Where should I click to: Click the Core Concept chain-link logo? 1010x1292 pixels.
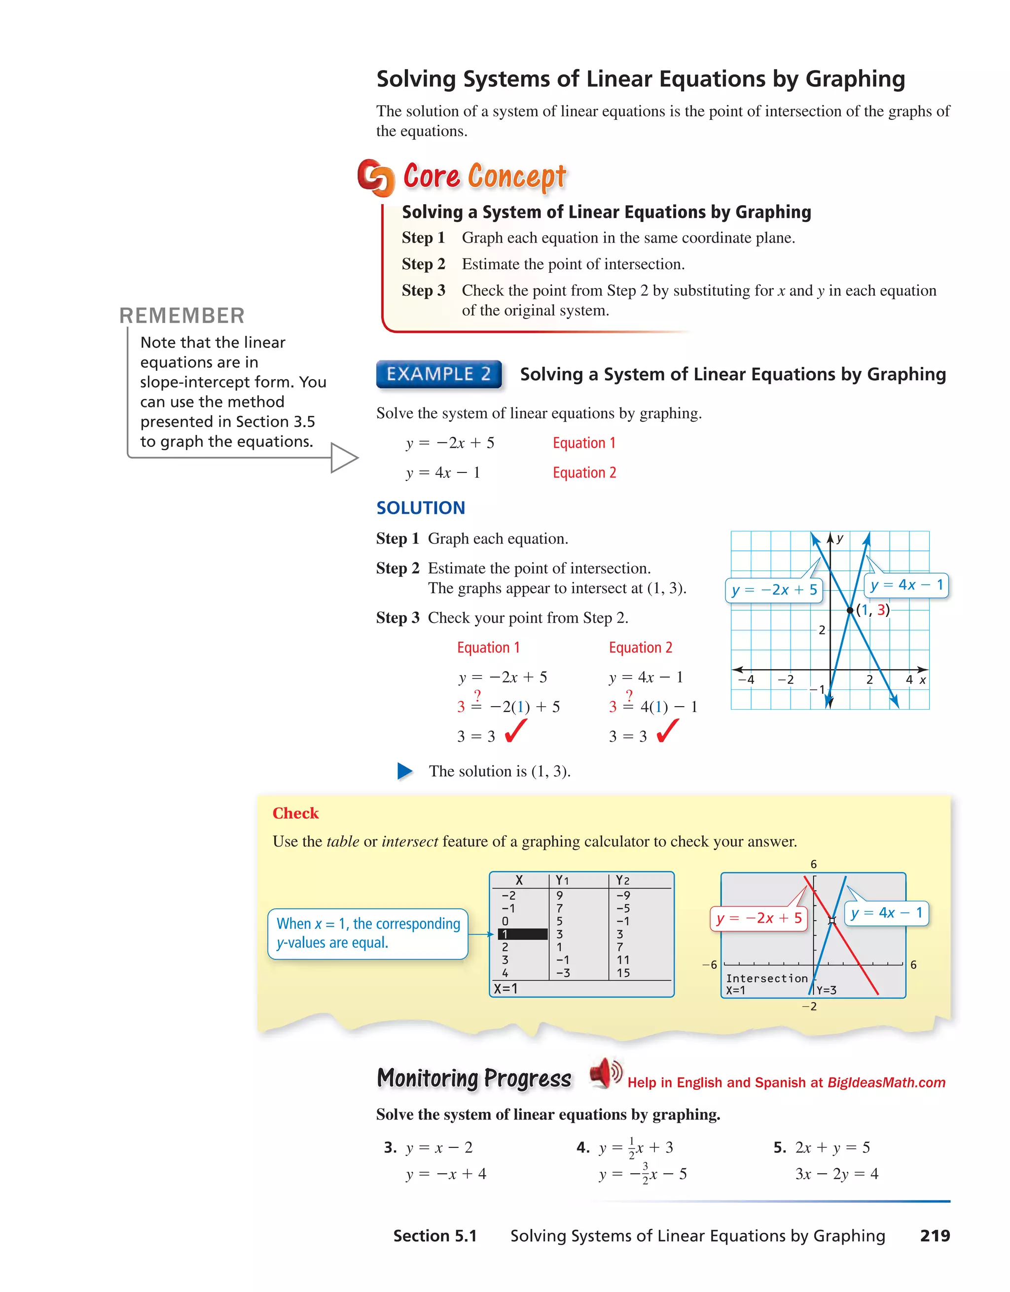pyautogui.click(x=376, y=178)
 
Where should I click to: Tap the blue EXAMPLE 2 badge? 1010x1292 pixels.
pyautogui.click(x=438, y=374)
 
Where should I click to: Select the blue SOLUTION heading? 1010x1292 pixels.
pyautogui.click(x=421, y=507)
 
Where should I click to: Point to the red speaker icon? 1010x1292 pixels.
pyautogui.click(x=605, y=1073)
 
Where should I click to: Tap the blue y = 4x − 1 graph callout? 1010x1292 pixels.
pyautogui.click(x=906, y=585)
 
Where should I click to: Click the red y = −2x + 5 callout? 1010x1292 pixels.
pyautogui.click(x=758, y=918)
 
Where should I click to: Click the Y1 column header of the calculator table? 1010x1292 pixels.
pyautogui.click(x=562, y=880)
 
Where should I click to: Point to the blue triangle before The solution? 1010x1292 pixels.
pyautogui.click(x=405, y=771)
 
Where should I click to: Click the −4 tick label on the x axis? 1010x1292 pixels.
pyautogui.click(x=747, y=680)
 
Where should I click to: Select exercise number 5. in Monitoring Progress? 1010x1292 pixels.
pyautogui.click(x=779, y=1148)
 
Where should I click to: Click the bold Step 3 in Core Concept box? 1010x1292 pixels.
pyautogui.click(x=423, y=290)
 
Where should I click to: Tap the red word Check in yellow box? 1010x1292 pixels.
pyautogui.click(x=295, y=813)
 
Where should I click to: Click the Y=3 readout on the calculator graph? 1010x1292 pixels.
pyautogui.click(x=826, y=990)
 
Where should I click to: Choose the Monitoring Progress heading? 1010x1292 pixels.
pyautogui.click(x=474, y=1078)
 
